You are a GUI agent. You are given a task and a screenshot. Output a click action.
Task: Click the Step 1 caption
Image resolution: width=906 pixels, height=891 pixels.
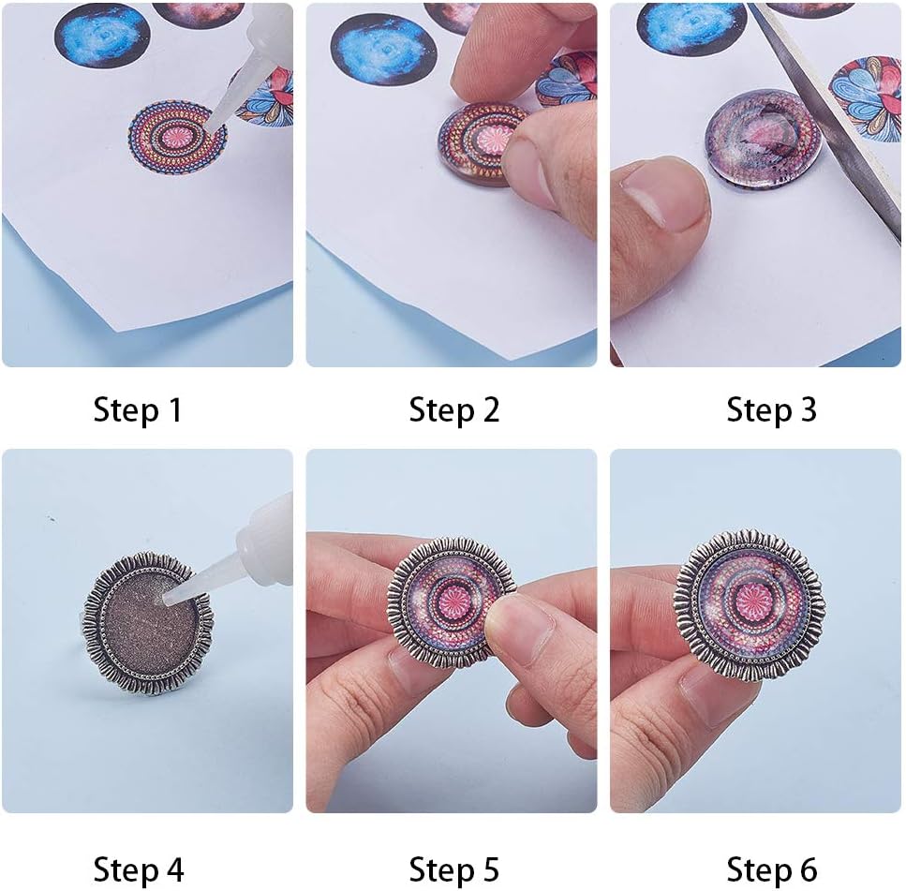[x=138, y=409]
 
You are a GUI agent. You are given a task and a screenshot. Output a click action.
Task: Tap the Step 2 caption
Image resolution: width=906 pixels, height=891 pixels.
[x=454, y=409]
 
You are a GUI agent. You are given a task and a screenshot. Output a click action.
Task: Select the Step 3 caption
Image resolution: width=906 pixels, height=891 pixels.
[x=771, y=409]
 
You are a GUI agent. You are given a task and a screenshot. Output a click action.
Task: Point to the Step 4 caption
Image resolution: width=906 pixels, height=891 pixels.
[x=139, y=869]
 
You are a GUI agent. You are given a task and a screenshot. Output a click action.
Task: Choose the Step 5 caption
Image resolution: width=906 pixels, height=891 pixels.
[x=454, y=869]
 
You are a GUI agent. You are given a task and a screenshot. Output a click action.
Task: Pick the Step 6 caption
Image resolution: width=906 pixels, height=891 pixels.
[x=771, y=869]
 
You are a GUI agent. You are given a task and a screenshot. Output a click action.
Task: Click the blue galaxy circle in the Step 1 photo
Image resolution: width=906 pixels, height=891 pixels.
[x=102, y=36]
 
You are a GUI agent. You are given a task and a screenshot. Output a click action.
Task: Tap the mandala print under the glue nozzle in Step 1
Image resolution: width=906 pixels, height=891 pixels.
[x=177, y=136]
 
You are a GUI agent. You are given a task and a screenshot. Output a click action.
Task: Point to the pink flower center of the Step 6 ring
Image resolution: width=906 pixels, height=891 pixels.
[x=749, y=606]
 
